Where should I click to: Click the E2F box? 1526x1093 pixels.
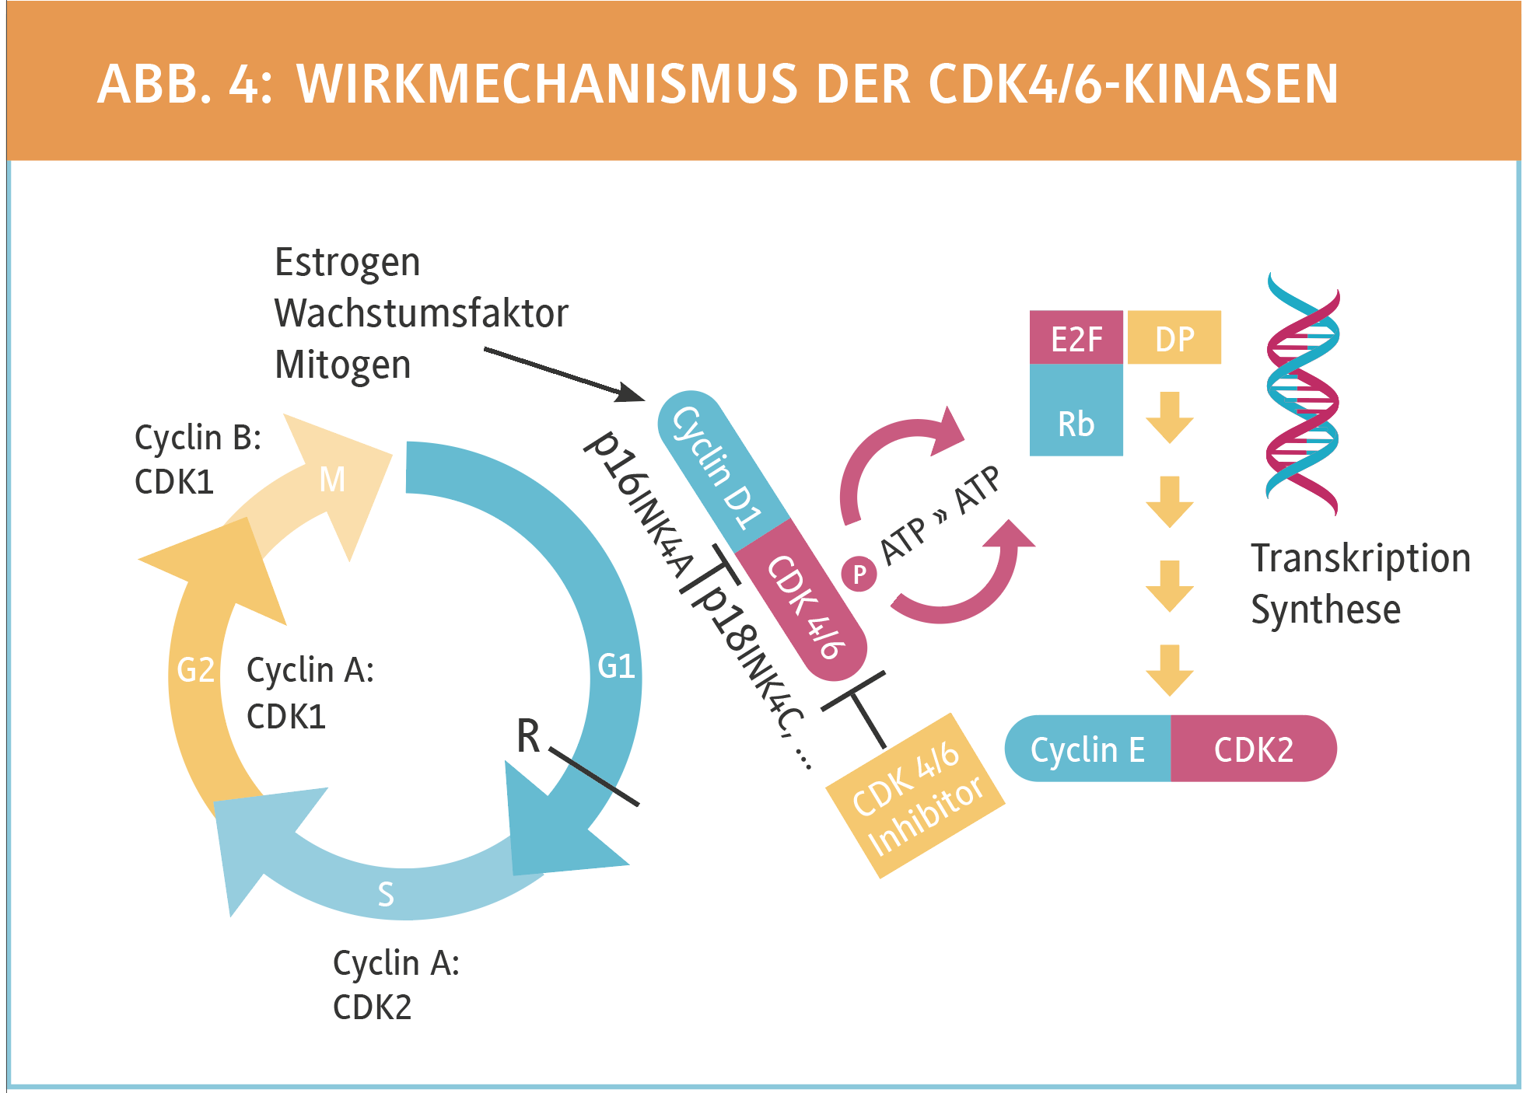coord(1076,338)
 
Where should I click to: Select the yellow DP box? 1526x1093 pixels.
coord(1174,338)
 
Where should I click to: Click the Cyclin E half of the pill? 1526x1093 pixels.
coord(1087,749)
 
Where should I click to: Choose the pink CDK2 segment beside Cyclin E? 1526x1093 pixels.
coord(1253,749)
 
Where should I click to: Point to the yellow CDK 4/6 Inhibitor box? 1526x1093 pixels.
coord(916,797)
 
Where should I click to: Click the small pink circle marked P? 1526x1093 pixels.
coord(859,574)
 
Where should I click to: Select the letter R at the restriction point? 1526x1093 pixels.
coord(528,735)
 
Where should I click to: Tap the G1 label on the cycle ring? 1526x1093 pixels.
coord(616,666)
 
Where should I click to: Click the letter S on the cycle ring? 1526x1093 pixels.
coord(386,894)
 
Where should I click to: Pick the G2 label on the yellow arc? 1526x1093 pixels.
coord(195,669)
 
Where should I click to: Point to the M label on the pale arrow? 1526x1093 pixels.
coord(333,479)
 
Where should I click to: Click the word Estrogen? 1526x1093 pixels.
coord(347,263)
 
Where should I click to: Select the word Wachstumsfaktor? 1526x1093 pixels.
coord(421,313)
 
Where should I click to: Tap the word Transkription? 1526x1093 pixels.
coord(1360,558)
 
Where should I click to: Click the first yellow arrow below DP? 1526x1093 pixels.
coord(1169,417)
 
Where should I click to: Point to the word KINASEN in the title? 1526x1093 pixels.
coord(1230,84)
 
